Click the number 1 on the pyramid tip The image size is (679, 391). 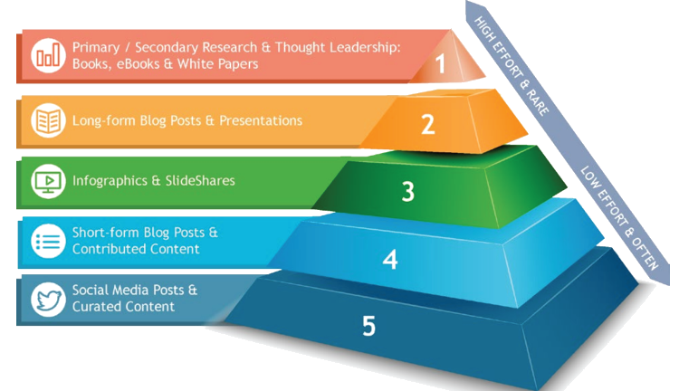[441, 64]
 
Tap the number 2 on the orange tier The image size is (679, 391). [428, 124]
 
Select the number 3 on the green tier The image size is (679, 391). [408, 191]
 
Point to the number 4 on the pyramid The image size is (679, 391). [390, 261]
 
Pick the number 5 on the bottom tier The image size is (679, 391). [368, 326]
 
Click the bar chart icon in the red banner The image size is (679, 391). [45, 56]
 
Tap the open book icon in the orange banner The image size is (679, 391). [45, 120]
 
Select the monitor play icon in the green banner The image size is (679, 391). [45, 181]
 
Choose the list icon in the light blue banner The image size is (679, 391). [45, 241]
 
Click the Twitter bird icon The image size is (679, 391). [45, 300]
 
